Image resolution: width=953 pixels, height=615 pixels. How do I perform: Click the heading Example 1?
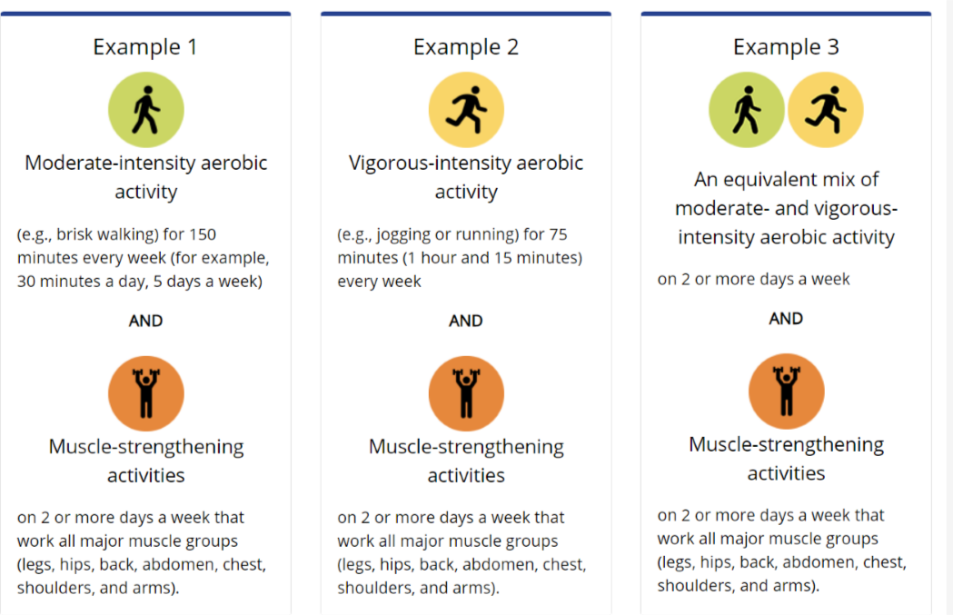tap(145, 46)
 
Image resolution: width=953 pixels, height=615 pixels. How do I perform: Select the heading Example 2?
tap(465, 46)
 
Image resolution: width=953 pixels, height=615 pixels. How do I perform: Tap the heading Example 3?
tap(786, 46)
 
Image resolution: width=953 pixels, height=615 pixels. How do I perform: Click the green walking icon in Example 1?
tap(145, 110)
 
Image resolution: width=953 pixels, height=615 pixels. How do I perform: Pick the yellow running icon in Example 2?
tap(466, 110)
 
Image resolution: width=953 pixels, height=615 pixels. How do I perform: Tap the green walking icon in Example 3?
tap(747, 110)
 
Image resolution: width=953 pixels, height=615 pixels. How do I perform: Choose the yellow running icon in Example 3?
tap(825, 110)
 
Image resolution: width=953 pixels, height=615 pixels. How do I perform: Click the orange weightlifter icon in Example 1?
tap(145, 392)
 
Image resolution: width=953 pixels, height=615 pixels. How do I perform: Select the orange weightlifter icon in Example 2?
tap(466, 392)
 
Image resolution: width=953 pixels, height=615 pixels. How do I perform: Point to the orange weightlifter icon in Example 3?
tap(786, 391)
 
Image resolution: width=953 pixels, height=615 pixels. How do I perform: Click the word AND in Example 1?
tap(145, 321)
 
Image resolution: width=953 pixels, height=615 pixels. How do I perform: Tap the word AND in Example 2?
tap(465, 321)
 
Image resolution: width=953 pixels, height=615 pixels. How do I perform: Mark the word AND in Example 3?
tap(786, 319)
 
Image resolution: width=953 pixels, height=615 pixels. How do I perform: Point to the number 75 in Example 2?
tap(557, 234)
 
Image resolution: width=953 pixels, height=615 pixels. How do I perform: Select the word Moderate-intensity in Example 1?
tap(96, 164)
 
